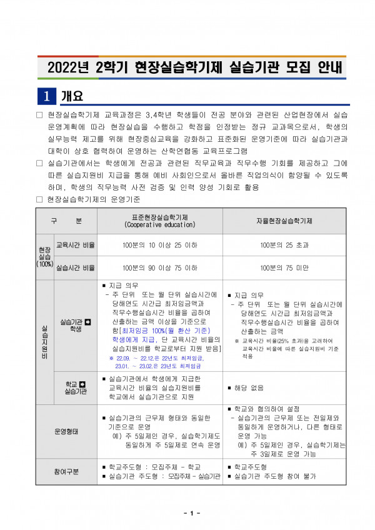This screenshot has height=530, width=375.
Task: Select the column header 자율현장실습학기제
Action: click(x=284, y=221)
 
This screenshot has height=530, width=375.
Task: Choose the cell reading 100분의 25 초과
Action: click(x=284, y=244)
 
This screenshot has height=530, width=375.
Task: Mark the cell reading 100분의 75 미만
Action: click(x=284, y=267)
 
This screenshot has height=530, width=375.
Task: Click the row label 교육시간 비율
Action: click(x=76, y=244)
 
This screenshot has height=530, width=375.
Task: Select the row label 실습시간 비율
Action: click(x=76, y=267)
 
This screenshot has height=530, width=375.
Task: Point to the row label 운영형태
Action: click(x=66, y=431)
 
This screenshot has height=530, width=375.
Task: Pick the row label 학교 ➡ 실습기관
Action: click(x=76, y=387)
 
